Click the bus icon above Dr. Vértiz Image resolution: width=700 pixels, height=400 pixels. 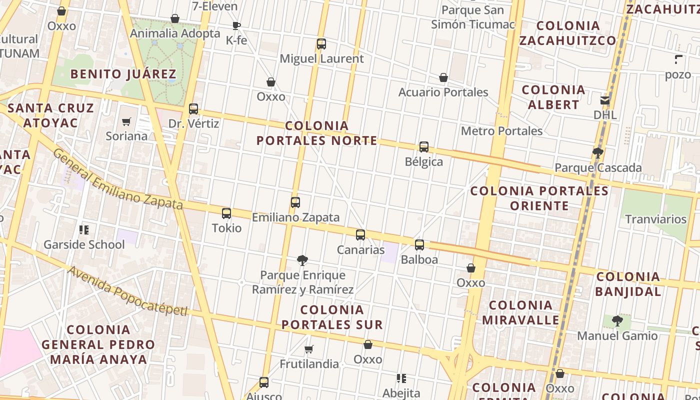pyautogui.click(x=193, y=108)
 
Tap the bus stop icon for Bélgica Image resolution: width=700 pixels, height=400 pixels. pyautogui.click(x=424, y=146)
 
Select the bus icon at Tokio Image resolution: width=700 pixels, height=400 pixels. pyautogui.click(x=226, y=213)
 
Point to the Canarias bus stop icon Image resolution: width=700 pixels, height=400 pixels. pyautogui.click(x=360, y=234)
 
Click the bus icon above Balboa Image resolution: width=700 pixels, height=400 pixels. pyautogui.click(x=419, y=244)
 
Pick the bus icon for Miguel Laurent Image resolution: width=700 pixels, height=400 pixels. pyautogui.click(x=321, y=44)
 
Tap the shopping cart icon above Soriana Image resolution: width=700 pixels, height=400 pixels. pyautogui.click(x=126, y=121)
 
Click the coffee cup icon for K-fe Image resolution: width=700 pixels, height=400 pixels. pyautogui.click(x=236, y=26)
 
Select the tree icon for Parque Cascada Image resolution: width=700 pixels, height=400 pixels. pyautogui.click(x=597, y=153)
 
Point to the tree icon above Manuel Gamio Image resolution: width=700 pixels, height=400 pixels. pyautogui.click(x=617, y=320)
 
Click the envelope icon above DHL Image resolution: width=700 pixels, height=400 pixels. pyautogui.click(x=605, y=100)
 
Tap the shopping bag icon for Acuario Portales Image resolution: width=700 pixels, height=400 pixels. pyautogui.click(x=443, y=77)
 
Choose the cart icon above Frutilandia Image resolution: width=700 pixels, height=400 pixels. pyautogui.click(x=309, y=349)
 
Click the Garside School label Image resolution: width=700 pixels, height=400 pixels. pyautogui.click(x=84, y=244)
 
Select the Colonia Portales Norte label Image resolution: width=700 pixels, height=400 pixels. pyautogui.click(x=317, y=133)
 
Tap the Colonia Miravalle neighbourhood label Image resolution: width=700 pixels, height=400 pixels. pyautogui.click(x=520, y=312)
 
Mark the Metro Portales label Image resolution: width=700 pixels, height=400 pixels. pyautogui.click(x=501, y=131)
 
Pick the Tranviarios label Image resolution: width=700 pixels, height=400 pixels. pyautogui.click(x=656, y=219)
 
